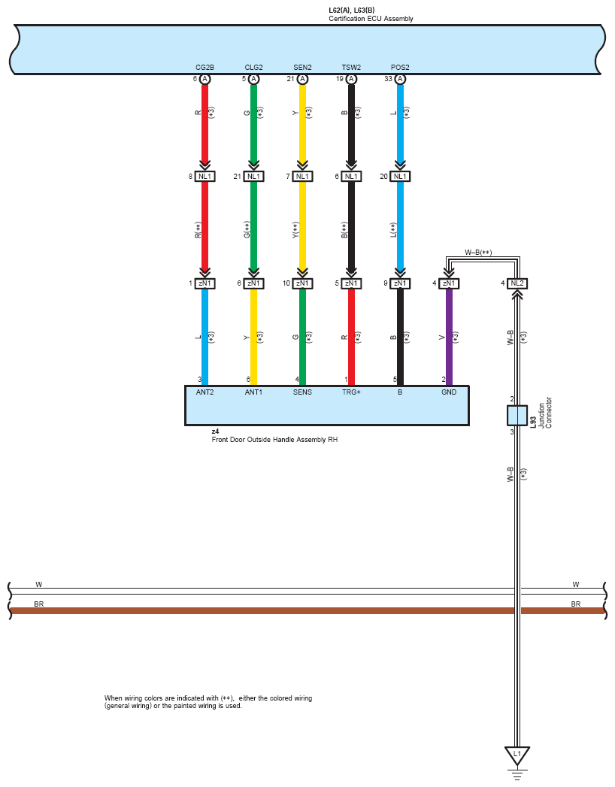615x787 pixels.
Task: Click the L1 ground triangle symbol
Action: (517, 754)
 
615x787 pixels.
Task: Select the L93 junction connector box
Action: (517, 416)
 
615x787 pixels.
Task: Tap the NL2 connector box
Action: (517, 283)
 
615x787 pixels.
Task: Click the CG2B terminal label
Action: (204, 68)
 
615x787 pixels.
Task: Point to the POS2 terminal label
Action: (400, 68)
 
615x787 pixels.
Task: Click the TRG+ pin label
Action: (351, 392)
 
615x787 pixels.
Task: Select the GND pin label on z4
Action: (449, 392)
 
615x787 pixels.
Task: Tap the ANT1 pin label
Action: (253, 392)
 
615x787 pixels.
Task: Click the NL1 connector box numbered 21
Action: (253, 177)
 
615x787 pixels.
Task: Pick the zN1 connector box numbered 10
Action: (302, 283)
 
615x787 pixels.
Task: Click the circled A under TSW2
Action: (351, 79)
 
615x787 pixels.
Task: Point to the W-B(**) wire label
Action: (478, 253)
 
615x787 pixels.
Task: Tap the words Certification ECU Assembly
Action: (371, 19)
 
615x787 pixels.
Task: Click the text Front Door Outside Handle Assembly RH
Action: (274, 440)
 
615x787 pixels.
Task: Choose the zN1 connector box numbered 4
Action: (449, 283)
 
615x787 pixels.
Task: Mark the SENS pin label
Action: (302, 392)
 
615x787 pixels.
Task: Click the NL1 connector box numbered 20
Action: (400, 177)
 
